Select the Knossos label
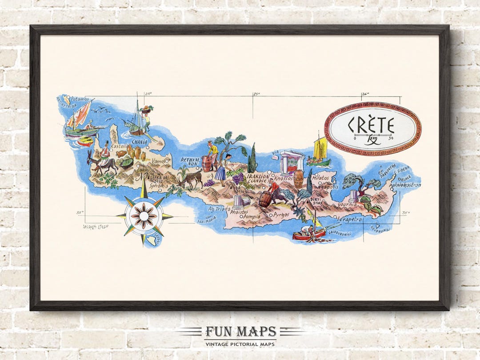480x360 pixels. click(283, 178)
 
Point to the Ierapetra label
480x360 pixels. click(350, 219)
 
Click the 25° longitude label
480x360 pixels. click(256, 94)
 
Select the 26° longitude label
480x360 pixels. click(365, 94)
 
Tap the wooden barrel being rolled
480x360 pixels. click(265, 199)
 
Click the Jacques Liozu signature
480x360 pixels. click(96, 226)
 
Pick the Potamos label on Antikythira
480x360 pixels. click(80, 99)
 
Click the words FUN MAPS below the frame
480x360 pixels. click(240, 332)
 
